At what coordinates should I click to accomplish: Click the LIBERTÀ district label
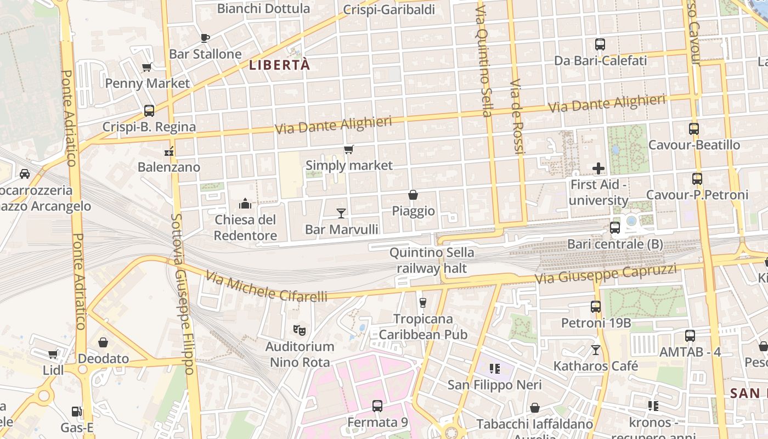279,65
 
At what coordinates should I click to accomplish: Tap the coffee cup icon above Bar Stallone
205,38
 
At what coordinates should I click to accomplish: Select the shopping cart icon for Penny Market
146,67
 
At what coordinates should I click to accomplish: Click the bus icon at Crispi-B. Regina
149,110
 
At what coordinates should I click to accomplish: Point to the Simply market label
349,165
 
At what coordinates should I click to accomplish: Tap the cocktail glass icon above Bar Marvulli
341,213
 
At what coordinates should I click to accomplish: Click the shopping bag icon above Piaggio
413,195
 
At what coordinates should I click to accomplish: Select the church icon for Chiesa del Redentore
245,204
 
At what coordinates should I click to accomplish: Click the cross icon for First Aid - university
598,168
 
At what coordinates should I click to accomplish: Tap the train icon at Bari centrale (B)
615,227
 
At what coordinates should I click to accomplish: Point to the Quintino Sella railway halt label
432,260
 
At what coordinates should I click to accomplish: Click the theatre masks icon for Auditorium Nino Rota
299,330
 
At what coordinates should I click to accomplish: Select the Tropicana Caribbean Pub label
423,327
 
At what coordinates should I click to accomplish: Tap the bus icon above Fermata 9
377,406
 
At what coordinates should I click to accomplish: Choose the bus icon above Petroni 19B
596,306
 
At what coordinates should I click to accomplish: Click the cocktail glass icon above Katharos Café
596,350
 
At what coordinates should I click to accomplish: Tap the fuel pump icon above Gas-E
77,411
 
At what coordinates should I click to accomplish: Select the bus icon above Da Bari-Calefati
600,44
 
